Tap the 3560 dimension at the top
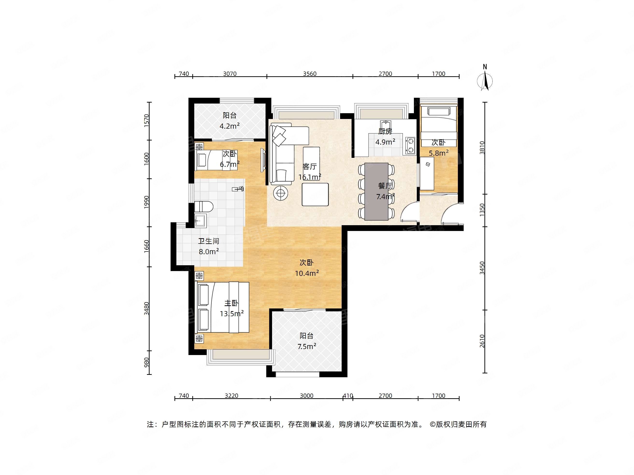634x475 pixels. point(310,74)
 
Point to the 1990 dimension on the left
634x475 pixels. point(146,203)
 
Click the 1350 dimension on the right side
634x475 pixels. point(482,210)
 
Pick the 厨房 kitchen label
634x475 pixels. point(385,131)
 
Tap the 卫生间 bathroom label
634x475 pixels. point(209,241)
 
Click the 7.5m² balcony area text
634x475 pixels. point(307,346)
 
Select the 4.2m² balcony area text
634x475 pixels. point(230,126)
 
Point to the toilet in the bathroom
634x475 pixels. point(204,206)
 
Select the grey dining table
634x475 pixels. point(376,192)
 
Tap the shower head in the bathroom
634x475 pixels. point(238,189)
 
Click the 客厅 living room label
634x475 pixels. point(310,166)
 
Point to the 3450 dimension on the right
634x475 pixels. point(482,268)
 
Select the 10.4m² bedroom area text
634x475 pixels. point(307,273)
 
